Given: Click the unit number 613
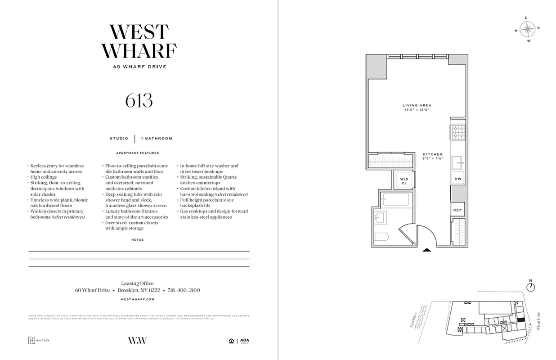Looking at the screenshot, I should [x=139, y=101].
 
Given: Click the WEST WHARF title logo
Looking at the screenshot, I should [x=139, y=41].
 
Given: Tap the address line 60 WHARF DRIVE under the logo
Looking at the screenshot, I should [x=139, y=67].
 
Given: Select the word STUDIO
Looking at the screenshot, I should [x=119, y=139].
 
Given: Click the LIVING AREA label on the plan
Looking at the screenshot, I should [x=417, y=105].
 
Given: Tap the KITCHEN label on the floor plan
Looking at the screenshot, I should [x=432, y=154].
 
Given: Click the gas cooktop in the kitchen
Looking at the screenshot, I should [x=458, y=130].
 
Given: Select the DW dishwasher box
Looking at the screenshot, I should [x=458, y=179].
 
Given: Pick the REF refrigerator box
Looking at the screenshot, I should [x=457, y=210].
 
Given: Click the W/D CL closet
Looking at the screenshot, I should [x=404, y=181].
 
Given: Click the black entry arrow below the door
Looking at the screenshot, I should [x=426, y=249].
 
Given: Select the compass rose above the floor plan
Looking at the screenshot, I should [x=527, y=29].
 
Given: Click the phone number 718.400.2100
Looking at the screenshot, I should [x=184, y=291].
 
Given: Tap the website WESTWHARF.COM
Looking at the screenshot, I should [x=138, y=299].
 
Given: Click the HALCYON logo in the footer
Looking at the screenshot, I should [x=39, y=340].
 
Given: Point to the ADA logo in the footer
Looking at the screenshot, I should [x=245, y=340].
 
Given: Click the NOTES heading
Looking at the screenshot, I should [x=138, y=240].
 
